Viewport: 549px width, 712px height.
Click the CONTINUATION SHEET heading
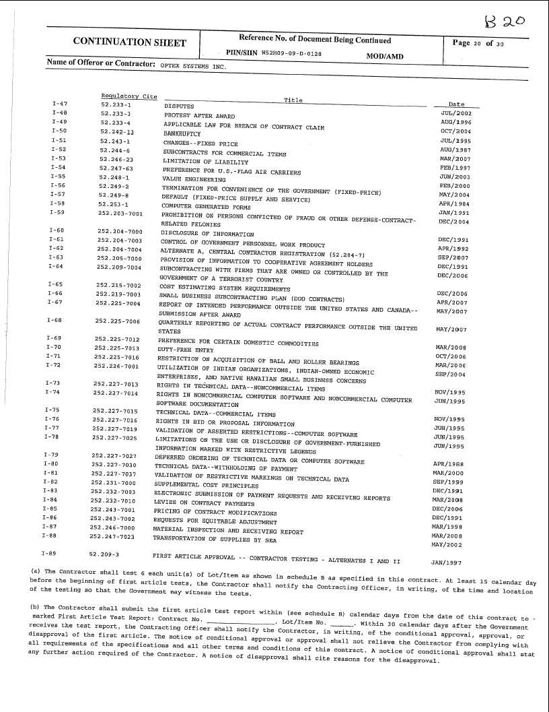pos(129,42)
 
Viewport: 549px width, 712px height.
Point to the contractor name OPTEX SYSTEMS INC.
pos(193,67)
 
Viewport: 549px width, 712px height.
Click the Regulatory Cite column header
pos(129,96)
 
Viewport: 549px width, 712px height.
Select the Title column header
pos(293,100)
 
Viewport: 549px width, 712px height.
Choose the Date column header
pos(456,104)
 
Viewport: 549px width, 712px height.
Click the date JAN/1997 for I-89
pos(446,561)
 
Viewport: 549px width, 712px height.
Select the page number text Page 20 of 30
pos(478,44)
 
